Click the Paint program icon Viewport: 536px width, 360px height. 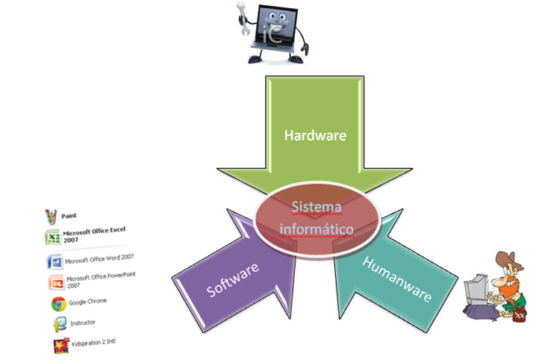click(x=50, y=217)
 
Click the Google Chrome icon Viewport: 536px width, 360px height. click(x=57, y=304)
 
